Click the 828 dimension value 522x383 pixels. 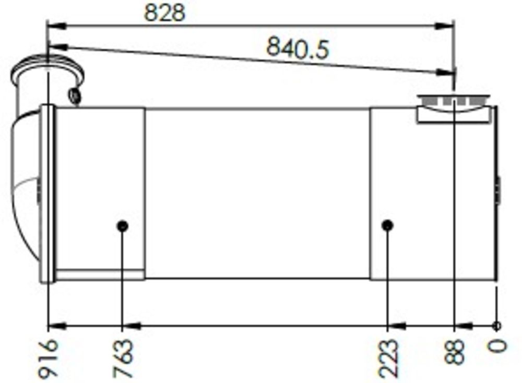pyautogui.click(x=164, y=13)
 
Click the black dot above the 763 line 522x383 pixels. pyautogui.click(x=123, y=226)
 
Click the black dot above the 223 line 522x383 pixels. pyautogui.click(x=387, y=225)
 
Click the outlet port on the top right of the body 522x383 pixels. pyautogui.click(x=454, y=109)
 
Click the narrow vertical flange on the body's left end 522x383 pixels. pyautogui.click(x=48, y=193)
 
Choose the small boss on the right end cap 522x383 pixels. pyautogui.click(x=498, y=190)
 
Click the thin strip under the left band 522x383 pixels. pyautogui.click(x=99, y=274)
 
